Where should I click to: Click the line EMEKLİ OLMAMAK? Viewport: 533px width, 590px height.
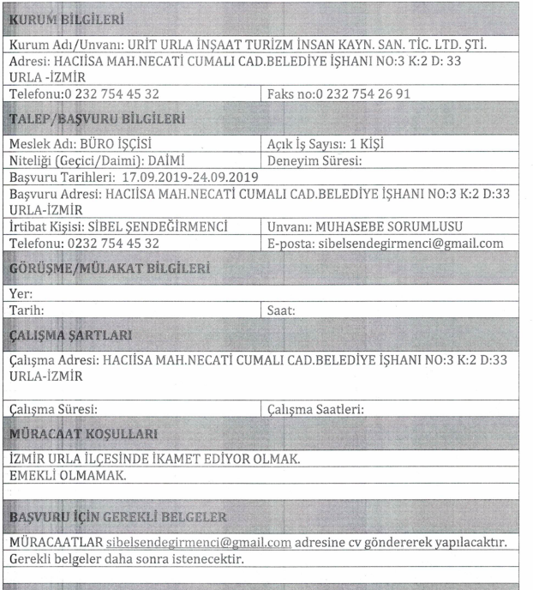(x=64, y=474)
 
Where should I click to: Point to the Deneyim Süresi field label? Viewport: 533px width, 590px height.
(x=317, y=160)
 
